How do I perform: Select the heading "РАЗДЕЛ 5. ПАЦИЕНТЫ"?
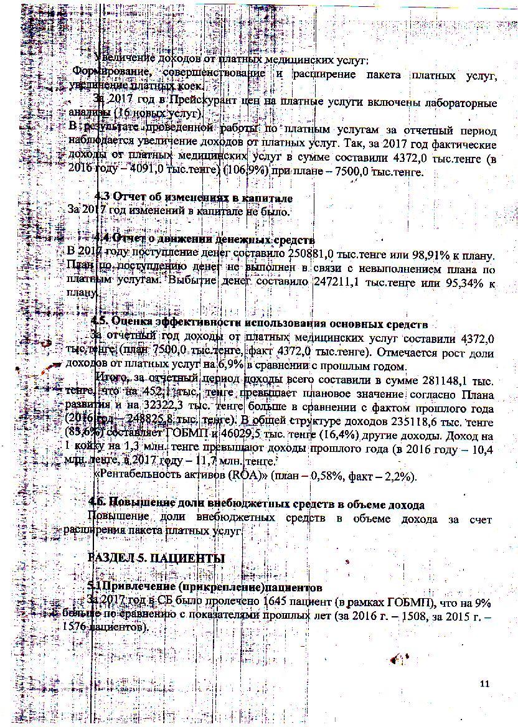[x=156, y=558]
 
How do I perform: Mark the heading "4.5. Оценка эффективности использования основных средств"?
[x=259, y=323]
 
